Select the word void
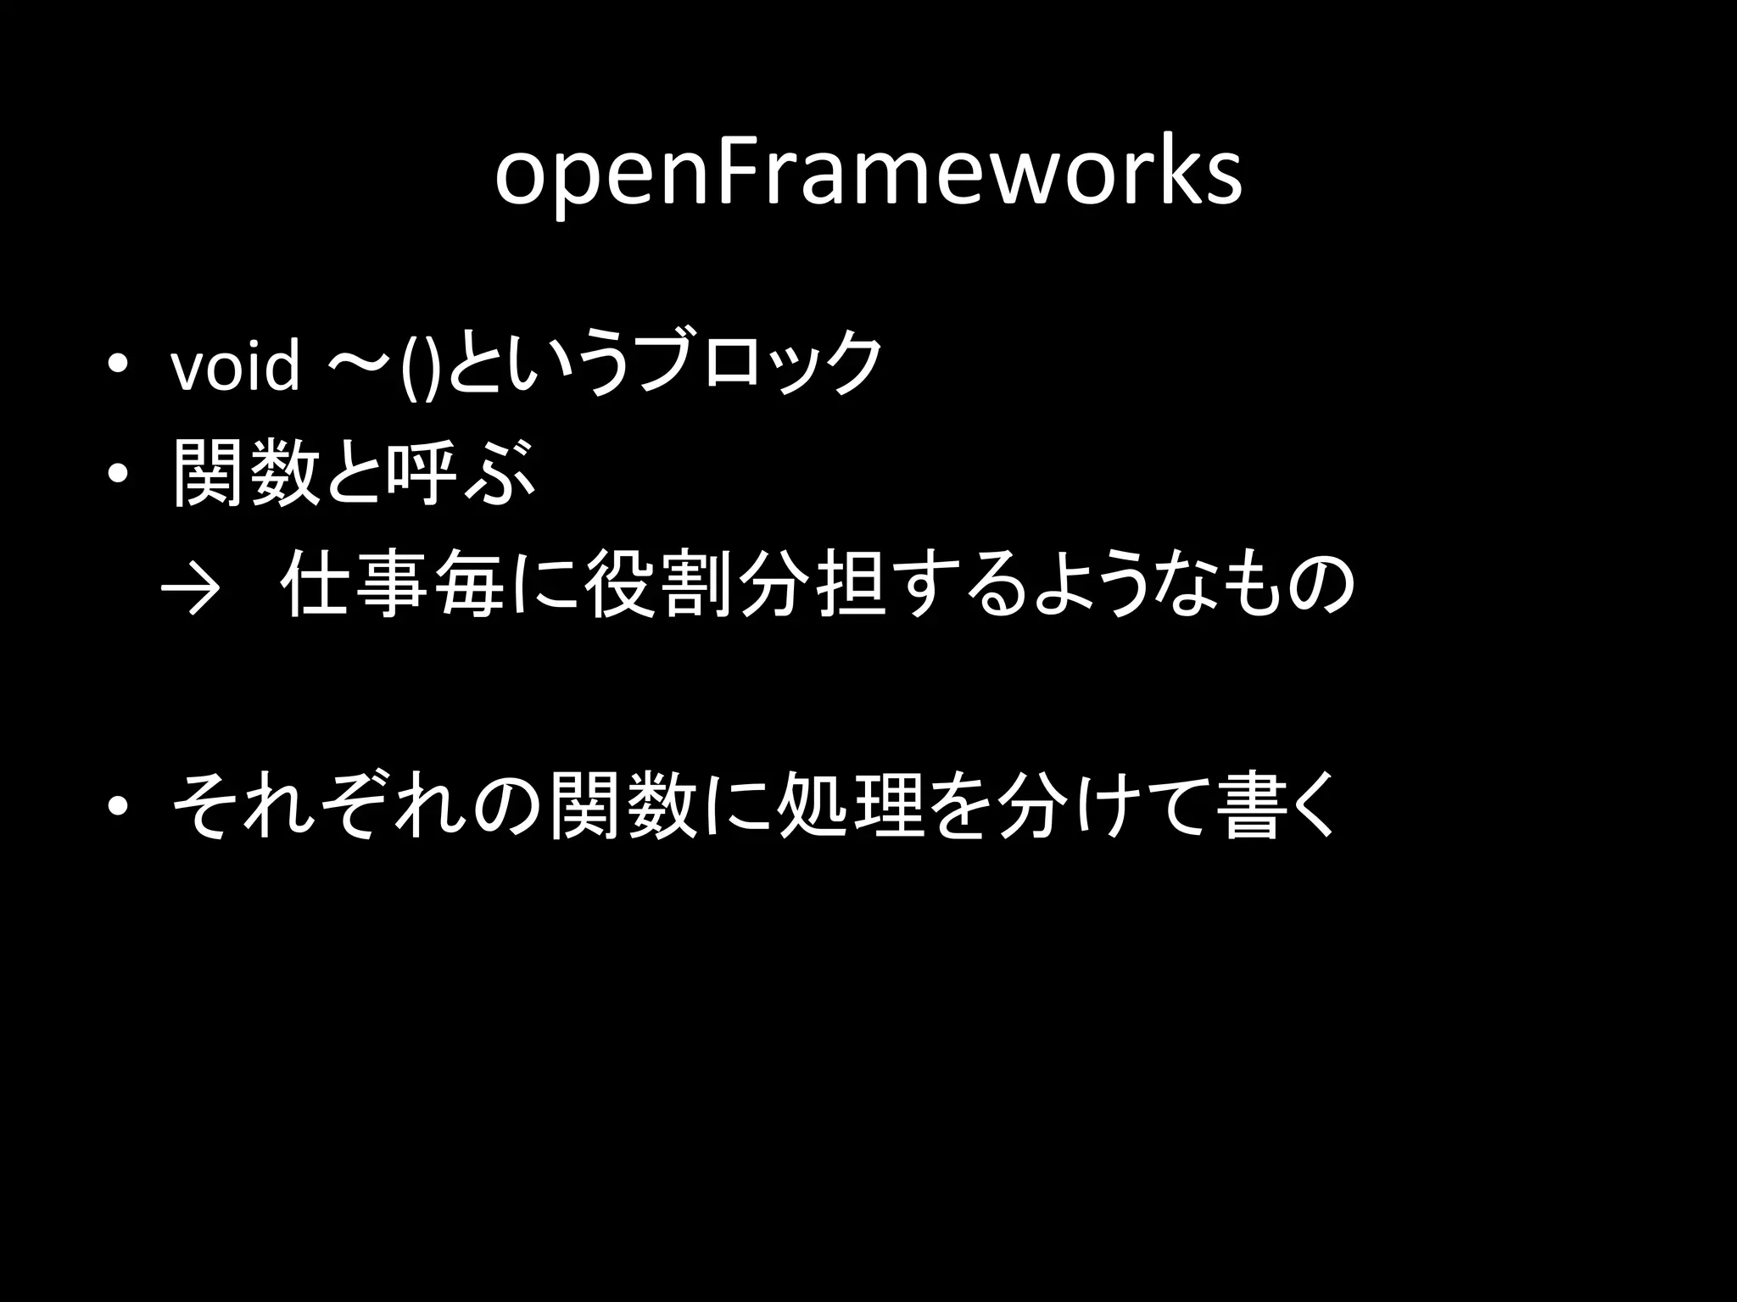coord(236,367)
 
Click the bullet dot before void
coord(118,365)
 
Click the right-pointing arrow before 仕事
coord(190,587)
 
